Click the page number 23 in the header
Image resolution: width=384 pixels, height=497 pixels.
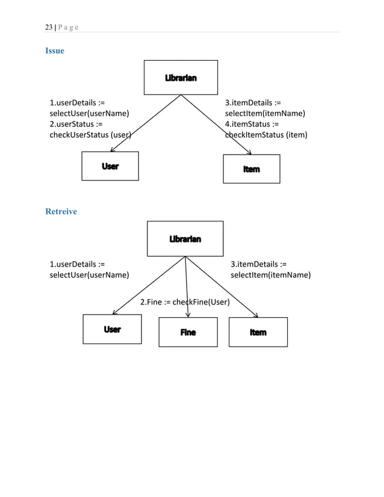coord(49,27)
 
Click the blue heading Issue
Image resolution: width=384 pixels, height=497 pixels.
coord(55,51)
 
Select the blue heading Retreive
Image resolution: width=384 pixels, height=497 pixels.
coord(61,211)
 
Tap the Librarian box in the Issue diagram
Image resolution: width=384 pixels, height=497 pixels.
coord(181,78)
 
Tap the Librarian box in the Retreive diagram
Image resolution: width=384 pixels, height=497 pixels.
coord(185,239)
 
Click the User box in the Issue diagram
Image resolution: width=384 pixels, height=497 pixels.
coord(110,166)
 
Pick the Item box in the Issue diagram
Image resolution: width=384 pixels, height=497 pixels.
coord(252,169)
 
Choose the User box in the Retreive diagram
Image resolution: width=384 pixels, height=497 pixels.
coord(112,329)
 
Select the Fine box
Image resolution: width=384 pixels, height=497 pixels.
coord(188,332)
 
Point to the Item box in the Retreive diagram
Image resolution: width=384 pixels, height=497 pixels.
coord(258,332)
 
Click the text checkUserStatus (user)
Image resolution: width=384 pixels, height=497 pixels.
coord(90,135)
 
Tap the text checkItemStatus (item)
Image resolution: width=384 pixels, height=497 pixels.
coord(266,135)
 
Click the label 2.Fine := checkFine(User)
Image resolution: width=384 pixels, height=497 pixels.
coord(185,301)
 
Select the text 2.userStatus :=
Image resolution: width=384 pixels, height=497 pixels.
coord(76,124)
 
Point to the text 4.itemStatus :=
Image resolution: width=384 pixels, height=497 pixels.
coord(252,124)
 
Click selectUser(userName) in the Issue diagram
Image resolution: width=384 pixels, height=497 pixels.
coord(90,113)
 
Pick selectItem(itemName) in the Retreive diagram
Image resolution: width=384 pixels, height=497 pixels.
coord(271,275)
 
